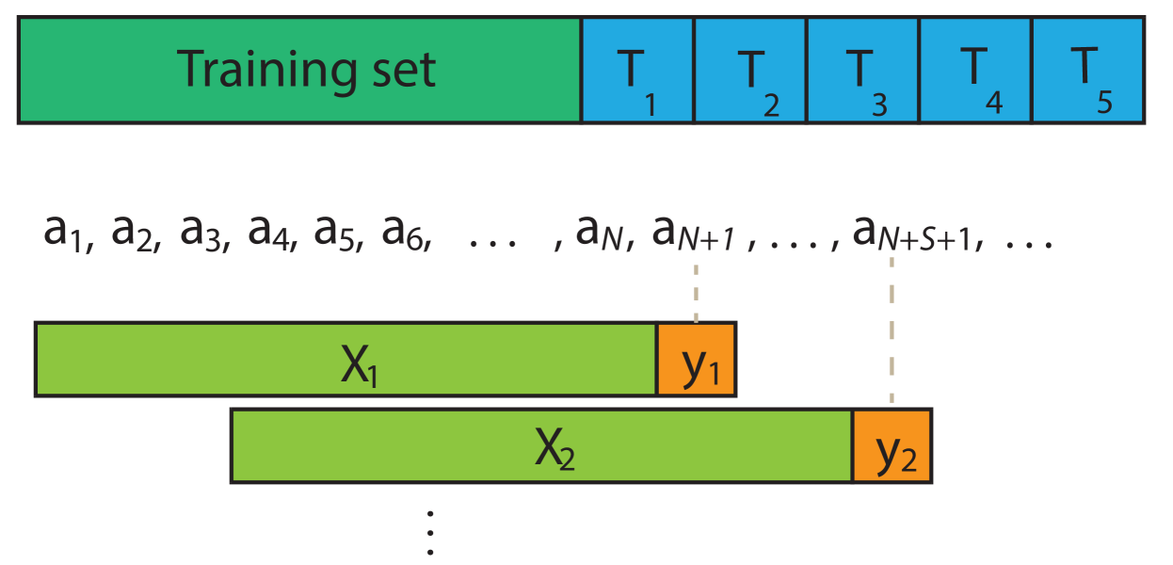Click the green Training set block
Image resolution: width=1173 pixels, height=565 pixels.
click(x=299, y=70)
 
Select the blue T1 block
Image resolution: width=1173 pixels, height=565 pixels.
click(x=637, y=70)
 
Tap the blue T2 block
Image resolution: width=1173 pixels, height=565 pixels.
click(x=750, y=70)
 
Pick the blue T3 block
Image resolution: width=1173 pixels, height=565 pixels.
click(x=862, y=70)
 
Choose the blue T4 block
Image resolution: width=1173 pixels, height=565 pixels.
click(x=975, y=70)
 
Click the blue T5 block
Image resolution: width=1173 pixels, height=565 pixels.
click(x=1087, y=70)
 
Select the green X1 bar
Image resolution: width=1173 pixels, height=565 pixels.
click(x=345, y=359)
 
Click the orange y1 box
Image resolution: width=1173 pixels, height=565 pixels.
click(x=697, y=359)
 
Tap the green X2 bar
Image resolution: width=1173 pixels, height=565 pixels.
click(x=541, y=445)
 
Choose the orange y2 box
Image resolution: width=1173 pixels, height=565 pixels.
click(x=892, y=445)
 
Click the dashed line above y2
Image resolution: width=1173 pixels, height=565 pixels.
click(x=892, y=330)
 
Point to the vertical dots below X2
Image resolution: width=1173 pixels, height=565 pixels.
click(x=430, y=533)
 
